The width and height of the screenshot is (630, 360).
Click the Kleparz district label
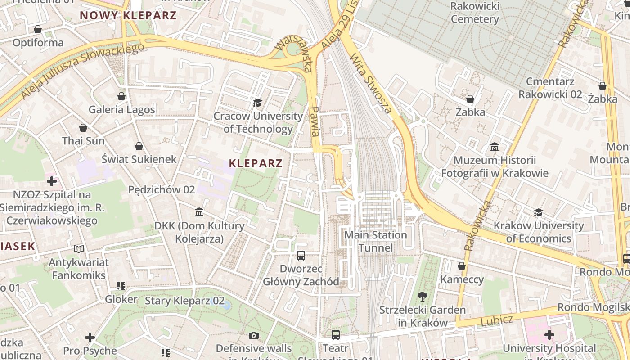tap(256, 163)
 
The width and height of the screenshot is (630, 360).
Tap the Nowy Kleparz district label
tap(128, 15)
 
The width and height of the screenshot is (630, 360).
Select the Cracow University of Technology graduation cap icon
tap(257, 103)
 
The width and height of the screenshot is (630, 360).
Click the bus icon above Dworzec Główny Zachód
tap(301, 256)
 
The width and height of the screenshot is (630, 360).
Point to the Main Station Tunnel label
tap(375, 241)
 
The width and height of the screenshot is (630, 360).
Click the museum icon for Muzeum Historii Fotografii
tap(495, 147)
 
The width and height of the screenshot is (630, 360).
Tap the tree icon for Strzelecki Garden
tap(422, 296)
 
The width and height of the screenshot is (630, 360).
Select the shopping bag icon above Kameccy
tap(462, 266)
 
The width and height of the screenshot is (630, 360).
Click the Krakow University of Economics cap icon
tap(538, 212)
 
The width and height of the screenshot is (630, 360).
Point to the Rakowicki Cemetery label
tap(474, 13)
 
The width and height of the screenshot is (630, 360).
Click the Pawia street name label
tap(315, 121)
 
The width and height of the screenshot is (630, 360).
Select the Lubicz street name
tap(497, 321)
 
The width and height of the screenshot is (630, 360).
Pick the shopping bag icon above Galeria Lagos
tap(121, 96)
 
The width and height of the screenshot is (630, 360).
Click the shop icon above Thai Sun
tap(83, 128)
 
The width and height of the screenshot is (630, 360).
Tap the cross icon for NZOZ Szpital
tap(52, 181)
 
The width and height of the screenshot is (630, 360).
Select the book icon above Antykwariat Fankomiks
tap(79, 249)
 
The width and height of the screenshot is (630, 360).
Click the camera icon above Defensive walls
tap(254, 335)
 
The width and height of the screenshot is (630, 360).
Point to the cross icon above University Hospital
tap(549, 335)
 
